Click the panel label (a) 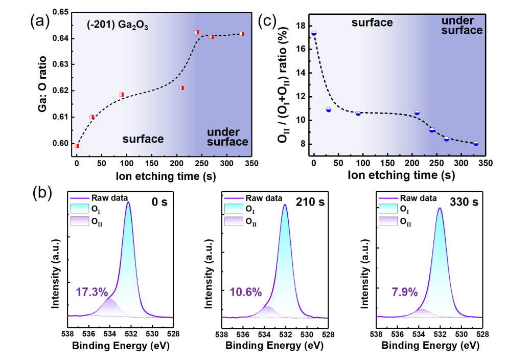click(41, 21)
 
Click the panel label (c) click(268, 21)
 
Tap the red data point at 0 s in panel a click(77, 146)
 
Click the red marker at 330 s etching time click(242, 34)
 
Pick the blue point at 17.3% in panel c click(314, 33)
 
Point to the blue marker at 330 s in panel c click(476, 144)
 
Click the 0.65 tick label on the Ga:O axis click(59, 12)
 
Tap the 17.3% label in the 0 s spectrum click(92, 292)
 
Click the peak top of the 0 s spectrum click(128, 202)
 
